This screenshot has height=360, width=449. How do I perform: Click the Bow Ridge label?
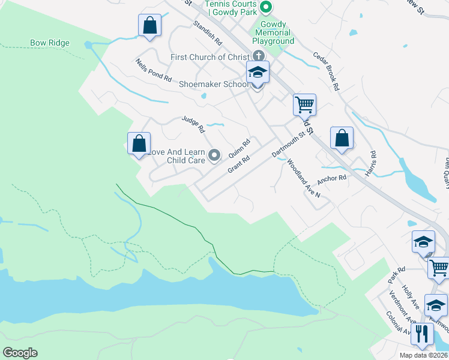coord(50,43)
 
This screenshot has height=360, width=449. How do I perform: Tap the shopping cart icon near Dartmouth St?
coord(305,105)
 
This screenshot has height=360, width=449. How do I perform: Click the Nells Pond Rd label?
coord(154,71)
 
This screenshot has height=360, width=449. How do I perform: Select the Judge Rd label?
coord(193,125)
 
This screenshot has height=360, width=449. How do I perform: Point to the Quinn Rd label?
coord(239,148)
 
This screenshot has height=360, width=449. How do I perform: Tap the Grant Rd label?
coord(238,163)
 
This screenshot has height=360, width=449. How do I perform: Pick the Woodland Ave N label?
coord(304,178)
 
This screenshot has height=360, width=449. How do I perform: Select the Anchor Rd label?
coord(332,178)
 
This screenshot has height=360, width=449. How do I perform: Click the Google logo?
coord(20,353)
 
